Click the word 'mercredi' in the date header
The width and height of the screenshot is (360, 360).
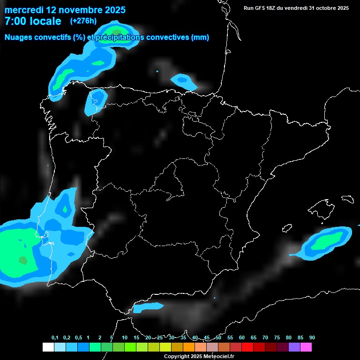coord(23,10)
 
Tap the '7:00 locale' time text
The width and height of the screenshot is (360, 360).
coord(33,21)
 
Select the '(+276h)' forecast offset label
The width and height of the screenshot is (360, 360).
coord(83,21)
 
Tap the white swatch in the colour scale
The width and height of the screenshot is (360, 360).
coord(48,347)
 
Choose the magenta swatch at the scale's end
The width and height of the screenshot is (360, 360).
coord(306,347)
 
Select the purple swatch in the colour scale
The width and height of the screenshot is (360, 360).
coord(294,347)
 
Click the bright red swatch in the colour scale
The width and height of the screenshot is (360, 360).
coord(247,347)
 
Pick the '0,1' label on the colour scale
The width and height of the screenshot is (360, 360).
coord(55,338)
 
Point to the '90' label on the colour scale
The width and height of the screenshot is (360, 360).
coord(312,338)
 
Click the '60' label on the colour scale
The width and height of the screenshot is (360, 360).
coord(242,338)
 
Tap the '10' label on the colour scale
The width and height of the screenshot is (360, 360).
coord(125,338)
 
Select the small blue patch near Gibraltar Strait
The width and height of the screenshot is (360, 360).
coord(148,307)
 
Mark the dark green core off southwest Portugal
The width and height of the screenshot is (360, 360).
coord(23,260)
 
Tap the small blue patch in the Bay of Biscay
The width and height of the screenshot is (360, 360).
coord(184,81)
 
